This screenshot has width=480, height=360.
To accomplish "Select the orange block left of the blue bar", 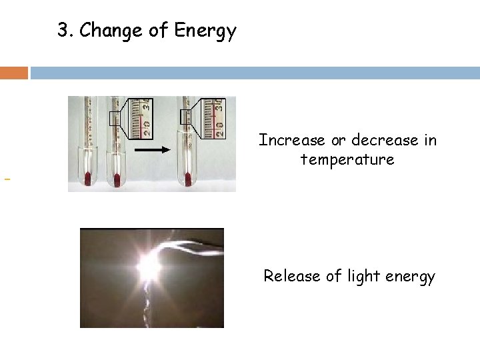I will [x=14, y=73].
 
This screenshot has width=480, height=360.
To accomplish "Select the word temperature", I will [x=347, y=160].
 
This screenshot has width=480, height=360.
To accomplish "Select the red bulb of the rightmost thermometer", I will [x=187, y=179].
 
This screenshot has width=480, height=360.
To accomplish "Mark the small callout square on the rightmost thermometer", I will [x=186, y=117].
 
